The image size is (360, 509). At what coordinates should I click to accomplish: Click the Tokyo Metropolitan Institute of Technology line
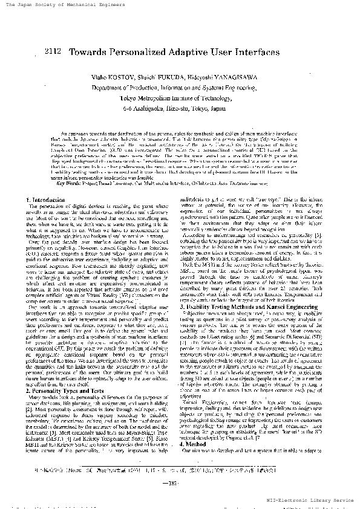[175, 97]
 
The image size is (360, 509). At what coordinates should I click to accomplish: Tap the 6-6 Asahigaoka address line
[175, 107]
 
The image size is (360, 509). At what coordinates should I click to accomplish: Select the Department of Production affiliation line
[175, 88]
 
